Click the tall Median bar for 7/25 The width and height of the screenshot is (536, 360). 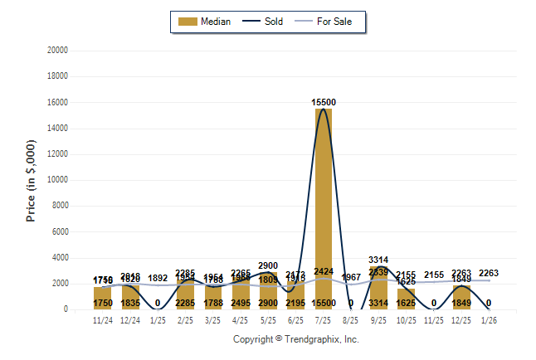tap(323, 207)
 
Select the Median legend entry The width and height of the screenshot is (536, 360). tap(207, 22)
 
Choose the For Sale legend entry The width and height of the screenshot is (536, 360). tap(329, 22)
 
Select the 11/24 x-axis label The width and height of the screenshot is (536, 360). tap(103, 319)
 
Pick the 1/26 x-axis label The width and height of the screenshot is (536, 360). tap(489, 319)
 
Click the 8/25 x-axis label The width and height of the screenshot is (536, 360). tap(351, 319)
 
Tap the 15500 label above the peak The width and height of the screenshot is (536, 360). tap(324, 102)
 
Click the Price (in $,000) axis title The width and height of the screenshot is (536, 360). tap(31, 180)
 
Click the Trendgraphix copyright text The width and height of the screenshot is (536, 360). tap(295, 338)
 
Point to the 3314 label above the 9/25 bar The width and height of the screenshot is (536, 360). tap(378, 260)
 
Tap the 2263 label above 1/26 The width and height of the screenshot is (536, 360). tap(489, 273)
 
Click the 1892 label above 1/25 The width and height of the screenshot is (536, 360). tap(158, 279)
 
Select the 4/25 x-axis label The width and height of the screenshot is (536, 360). tap(241, 319)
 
